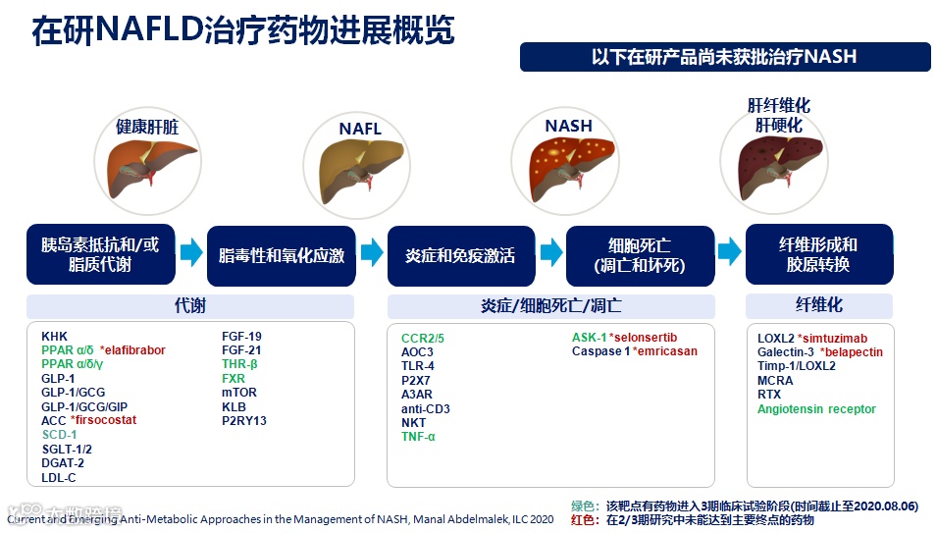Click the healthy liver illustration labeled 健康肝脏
(146, 166)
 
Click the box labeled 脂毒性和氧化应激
(282, 255)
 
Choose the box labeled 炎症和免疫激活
(460, 255)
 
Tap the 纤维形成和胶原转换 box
(818, 255)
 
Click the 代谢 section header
(189, 305)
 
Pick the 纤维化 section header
(818, 305)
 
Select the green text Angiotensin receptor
(816, 409)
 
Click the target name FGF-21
(241, 350)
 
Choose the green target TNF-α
(418, 436)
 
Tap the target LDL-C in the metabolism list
(58, 478)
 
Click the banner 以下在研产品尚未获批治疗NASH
(724, 57)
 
